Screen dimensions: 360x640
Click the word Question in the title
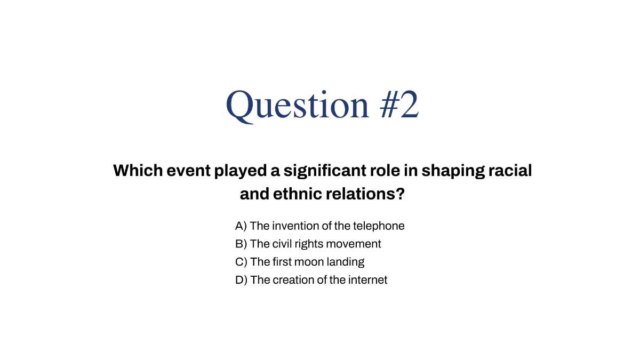coord(298,105)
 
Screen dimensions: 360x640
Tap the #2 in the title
coord(399,105)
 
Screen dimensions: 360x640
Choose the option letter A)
coord(241,226)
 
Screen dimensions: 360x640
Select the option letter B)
coord(241,244)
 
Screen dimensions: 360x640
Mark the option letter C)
coord(241,262)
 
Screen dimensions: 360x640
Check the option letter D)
coord(241,280)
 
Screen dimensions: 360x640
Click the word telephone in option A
coord(379,226)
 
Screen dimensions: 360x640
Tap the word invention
coord(293,226)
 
